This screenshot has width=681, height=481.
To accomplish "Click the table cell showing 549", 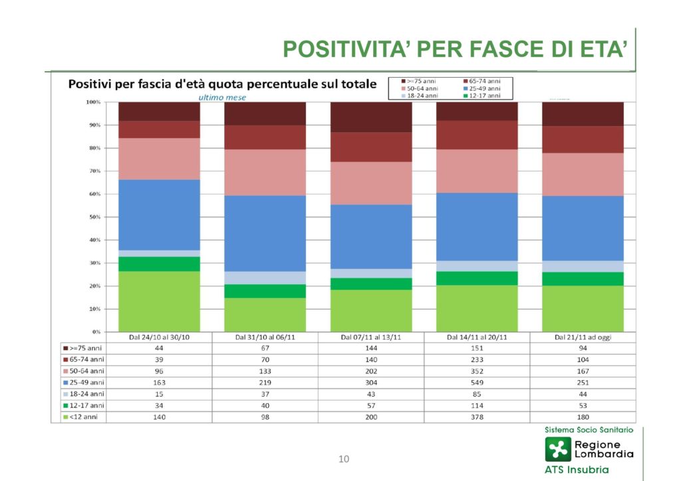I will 477,383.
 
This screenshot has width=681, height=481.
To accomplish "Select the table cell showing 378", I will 477,417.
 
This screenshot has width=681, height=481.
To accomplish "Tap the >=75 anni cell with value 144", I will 371,348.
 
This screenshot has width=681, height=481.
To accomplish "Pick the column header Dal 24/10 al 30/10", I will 160,337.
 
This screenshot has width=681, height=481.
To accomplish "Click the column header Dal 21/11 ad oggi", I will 583,337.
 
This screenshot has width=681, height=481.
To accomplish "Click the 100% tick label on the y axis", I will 92,102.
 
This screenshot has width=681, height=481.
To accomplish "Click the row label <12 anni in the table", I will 84,417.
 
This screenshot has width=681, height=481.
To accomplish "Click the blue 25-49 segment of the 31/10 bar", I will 265,233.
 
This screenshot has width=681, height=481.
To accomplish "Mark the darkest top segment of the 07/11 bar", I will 371,117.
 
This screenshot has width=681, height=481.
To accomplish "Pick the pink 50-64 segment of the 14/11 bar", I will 477,171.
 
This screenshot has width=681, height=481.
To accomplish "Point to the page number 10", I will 344,458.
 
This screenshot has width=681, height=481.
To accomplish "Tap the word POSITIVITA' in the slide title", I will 345,50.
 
